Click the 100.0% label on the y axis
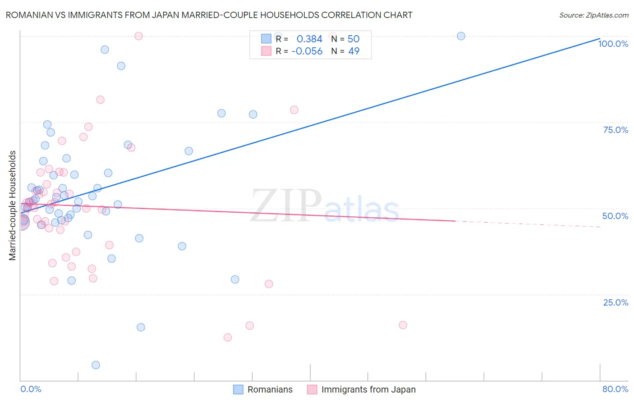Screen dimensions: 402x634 click(x=613, y=44)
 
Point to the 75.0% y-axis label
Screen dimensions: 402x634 click(x=616, y=130)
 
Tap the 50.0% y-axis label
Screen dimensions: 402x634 click(x=615, y=216)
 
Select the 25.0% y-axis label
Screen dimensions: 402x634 click(x=616, y=302)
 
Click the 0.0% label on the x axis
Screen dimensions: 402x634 click(x=31, y=389)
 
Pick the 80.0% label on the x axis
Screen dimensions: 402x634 click(x=615, y=389)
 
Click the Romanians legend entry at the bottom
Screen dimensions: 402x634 click(x=270, y=390)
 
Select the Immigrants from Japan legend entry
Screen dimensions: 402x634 click(x=368, y=390)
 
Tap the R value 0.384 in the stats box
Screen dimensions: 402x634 click(x=309, y=39)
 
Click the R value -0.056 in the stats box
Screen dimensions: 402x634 click(x=307, y=51)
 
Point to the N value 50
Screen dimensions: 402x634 click(x=354, y=39)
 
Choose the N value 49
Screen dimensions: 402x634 click(x=354, y=51)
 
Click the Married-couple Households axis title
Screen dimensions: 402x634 click(x=13, y=206)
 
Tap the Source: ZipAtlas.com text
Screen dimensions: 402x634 click(x=593, y=15)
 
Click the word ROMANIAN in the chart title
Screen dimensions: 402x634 click(x=27, y=15)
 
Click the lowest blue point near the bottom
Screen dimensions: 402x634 click(x=96, y=365)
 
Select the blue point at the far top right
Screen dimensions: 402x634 click(x=461, y=36)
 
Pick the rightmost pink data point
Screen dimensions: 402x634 click(x=403, y=325)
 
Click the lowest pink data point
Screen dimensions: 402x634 click(x=228, y=338)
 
